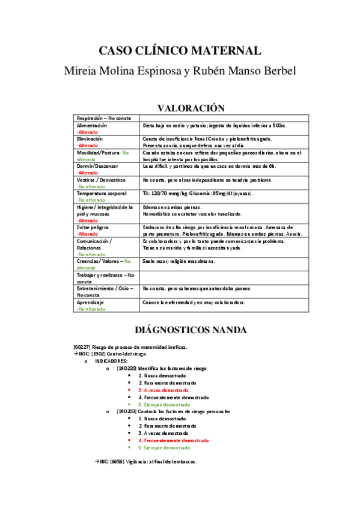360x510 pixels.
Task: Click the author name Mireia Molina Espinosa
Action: pyautogui.click(x=123, y=70)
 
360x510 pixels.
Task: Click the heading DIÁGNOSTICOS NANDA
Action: pyautogui.click(x=180, y=330)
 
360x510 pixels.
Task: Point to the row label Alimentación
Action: pyautogui.click(x=92, y=126)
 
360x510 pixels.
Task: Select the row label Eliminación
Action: pyautogui.click(x=90, y=139)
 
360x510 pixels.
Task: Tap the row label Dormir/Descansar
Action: pyautogui.click(x=97, y=165)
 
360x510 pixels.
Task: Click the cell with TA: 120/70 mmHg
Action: pyautogui.click(x=198, y=193)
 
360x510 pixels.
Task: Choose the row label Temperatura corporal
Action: pyautogui.click(x=102, y=193)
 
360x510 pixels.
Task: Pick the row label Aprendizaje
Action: pyautogui.click(x=90, y=303)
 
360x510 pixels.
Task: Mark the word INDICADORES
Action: pyautogui.click(x=111, y=361)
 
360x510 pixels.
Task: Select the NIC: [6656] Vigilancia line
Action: pyautogui.click(x=149, y=461)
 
